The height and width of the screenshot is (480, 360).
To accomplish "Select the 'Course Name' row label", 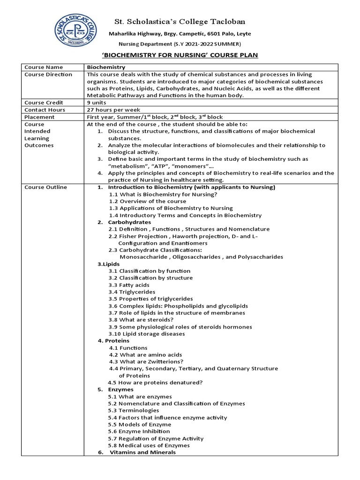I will coord(44,67).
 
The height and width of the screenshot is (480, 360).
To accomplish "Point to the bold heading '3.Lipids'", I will coord(108,264).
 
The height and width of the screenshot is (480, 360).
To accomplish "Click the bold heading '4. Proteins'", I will coord(113,341).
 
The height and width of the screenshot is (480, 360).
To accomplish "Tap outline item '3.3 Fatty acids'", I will coord(129,285).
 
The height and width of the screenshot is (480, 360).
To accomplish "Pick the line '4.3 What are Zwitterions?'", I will coord(146,361).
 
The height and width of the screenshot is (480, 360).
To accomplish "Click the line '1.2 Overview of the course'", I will coord(147,201).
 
